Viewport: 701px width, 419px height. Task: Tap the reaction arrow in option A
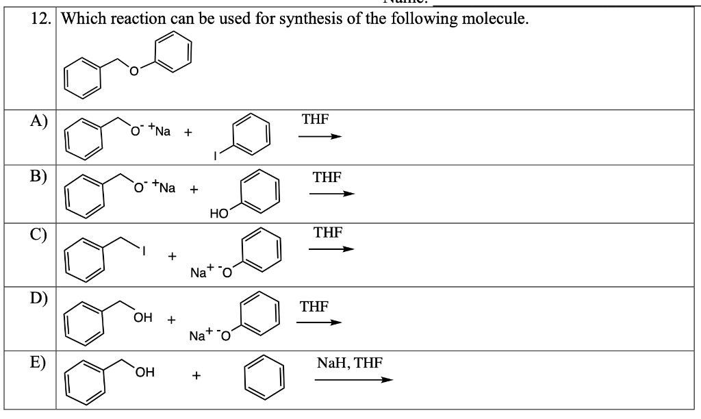tap(319, 136)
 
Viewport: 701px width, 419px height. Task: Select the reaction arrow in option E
tap(354, 381)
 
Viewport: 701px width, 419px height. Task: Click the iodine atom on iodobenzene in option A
tap(216, 155)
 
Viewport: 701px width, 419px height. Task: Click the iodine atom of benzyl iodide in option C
tap(144, 251)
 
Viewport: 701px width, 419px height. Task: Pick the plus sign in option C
tap(173, 257)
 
